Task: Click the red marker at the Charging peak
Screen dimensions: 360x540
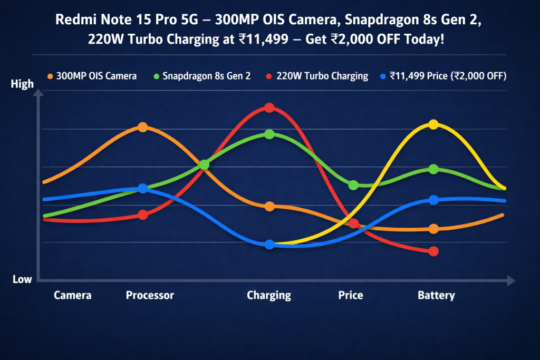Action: [x=269, y=108]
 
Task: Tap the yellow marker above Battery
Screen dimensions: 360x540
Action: [x=433, y=124]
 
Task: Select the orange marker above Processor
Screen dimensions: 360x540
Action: [x=142, y=127]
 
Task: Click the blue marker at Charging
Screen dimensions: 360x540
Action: [x=269, y=245]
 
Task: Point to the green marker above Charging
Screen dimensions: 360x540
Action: [x=269, y=134]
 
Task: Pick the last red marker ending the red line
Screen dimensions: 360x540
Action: [x=433, y=251]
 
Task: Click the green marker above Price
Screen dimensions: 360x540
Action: [x=354, y=185]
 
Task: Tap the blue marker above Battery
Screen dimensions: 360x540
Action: [x=433, y=200]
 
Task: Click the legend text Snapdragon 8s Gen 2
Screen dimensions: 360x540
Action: [x=206, y=76]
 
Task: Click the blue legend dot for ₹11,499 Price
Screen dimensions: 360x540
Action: [x=383, y=76]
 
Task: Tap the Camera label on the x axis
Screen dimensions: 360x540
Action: [x=72, y=295]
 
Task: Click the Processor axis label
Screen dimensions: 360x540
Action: [x=150, y=295]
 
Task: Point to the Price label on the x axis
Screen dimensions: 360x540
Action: [x=351, y=295]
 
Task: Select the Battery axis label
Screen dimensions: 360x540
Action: [x=436, y=295]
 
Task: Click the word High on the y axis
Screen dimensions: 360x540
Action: [x=22, y=84]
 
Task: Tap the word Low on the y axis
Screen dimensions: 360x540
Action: [x=22, y=279]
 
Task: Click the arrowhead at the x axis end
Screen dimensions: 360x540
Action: [x=510, y=281]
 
